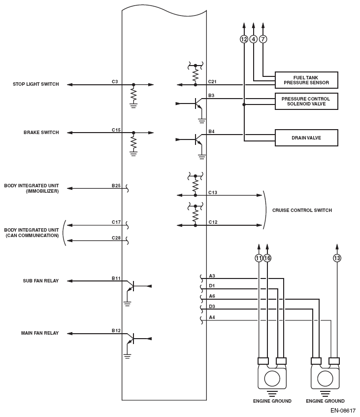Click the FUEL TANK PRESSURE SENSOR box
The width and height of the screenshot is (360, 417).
click(x=306, y=80)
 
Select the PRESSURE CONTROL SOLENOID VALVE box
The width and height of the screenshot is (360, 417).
click(x=306, y=101)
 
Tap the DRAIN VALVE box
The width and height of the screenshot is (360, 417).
click(x=306, y=138)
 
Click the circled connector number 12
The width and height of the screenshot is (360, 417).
click(x=244, y=39)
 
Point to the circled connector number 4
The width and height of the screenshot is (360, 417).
click(x=253, y=39)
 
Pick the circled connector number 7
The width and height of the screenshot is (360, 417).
click(x=262, y=39)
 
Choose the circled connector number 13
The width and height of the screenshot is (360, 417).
click(x=337, y=258)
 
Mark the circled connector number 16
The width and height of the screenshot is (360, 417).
click(x=267, y=258)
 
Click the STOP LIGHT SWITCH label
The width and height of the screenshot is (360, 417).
click(x=36, y=84)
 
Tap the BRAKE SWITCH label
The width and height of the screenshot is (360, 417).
click(x=41, y=133)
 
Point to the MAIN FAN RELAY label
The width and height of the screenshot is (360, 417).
click(x=40, y=333)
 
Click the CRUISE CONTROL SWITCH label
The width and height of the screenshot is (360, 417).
click(x=302, y=210)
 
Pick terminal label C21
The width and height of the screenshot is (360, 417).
click(x=212, y=81)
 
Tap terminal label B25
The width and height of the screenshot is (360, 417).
click(x=116, y=185)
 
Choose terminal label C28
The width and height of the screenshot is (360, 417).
click(x=116, y=238)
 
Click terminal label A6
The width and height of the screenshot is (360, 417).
click(x=212, y=296)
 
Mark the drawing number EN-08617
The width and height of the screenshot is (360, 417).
click(x=342, y=410)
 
